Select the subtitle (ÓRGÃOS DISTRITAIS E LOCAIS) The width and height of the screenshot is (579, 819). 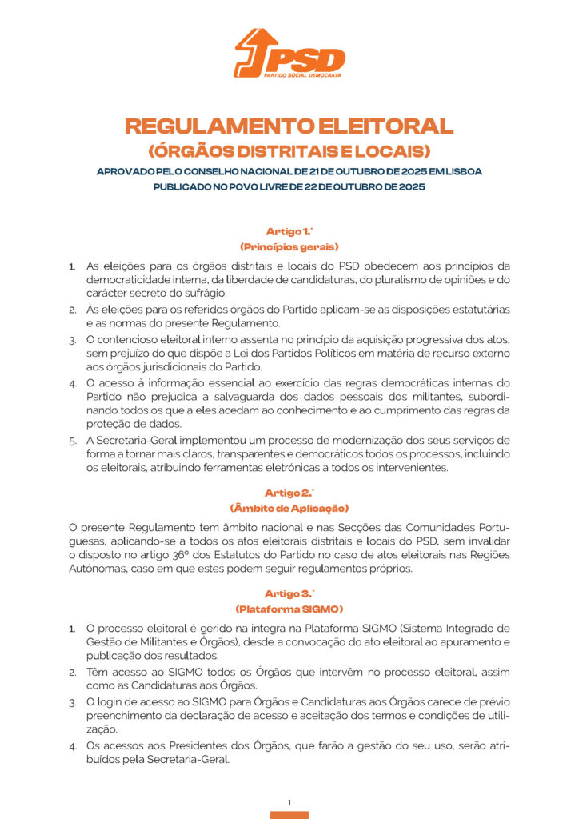coord(289,150)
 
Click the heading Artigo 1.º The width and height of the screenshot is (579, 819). coord(289,231)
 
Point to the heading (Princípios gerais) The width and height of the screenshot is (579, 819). coord(289,246)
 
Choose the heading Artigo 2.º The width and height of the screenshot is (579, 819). coord(289,493)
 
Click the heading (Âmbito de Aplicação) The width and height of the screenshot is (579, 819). coord(289,508)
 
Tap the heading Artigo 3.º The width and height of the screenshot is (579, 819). coord(289,593)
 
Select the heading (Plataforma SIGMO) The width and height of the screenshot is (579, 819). coord(289,609)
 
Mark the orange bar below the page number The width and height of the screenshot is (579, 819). coord(289,815)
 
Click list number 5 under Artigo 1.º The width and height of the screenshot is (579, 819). coord(71,441)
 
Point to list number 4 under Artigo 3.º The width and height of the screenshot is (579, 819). coord(71,746)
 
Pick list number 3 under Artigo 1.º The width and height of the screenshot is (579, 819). coord(71,340)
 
